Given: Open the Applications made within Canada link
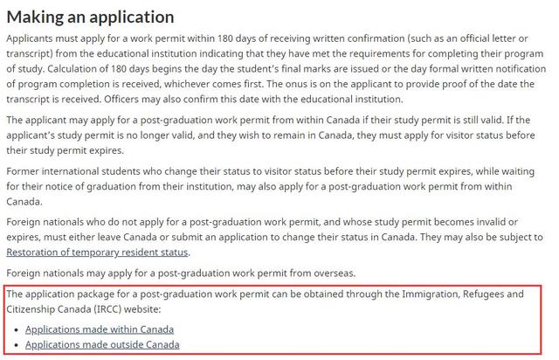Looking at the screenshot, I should tap(100, 329).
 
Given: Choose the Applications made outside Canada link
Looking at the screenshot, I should tap(102, 344).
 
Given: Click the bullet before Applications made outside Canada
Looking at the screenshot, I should tap(17, 345).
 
